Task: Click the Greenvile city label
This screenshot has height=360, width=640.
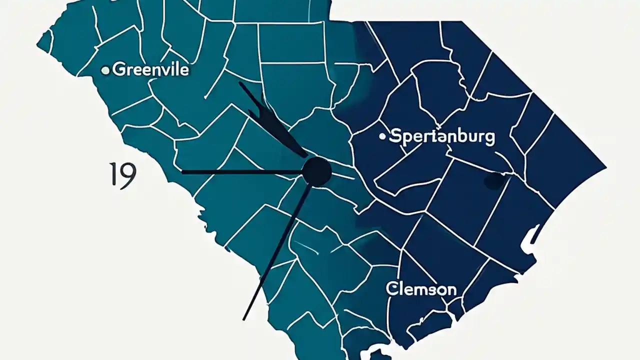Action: pyautogui.click(x=150, y=69)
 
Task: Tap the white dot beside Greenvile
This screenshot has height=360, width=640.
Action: pyautogui.click(x=105, y=71)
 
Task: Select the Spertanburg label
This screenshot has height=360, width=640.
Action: pyautogui.click(x=442, y=136)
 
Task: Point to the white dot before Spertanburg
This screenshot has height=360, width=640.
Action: pyautogui.click(x=382, y=136)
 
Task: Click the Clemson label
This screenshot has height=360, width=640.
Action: pyautogui.click(x=420, y=289)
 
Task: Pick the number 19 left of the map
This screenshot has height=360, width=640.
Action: pyautogui.click(x=122, y=176)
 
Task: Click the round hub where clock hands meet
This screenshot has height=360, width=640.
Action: pyautogui.click(x=317, y=171)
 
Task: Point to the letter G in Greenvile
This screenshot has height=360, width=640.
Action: pyautogui.click(x=119, y=69)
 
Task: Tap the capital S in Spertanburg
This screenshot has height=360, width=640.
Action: pyautogui.click(x=395, y=136)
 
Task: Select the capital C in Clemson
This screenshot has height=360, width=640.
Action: pyautogui.click(x=391, y=288)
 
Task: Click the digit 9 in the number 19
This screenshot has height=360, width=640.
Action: pyautogui.click(x=127, y=176)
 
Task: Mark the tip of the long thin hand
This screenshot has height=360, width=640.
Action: pyautogui.click(x=243, y=319)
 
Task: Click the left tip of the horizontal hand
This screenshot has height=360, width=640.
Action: pyautogui.click(x=182, y=172)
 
